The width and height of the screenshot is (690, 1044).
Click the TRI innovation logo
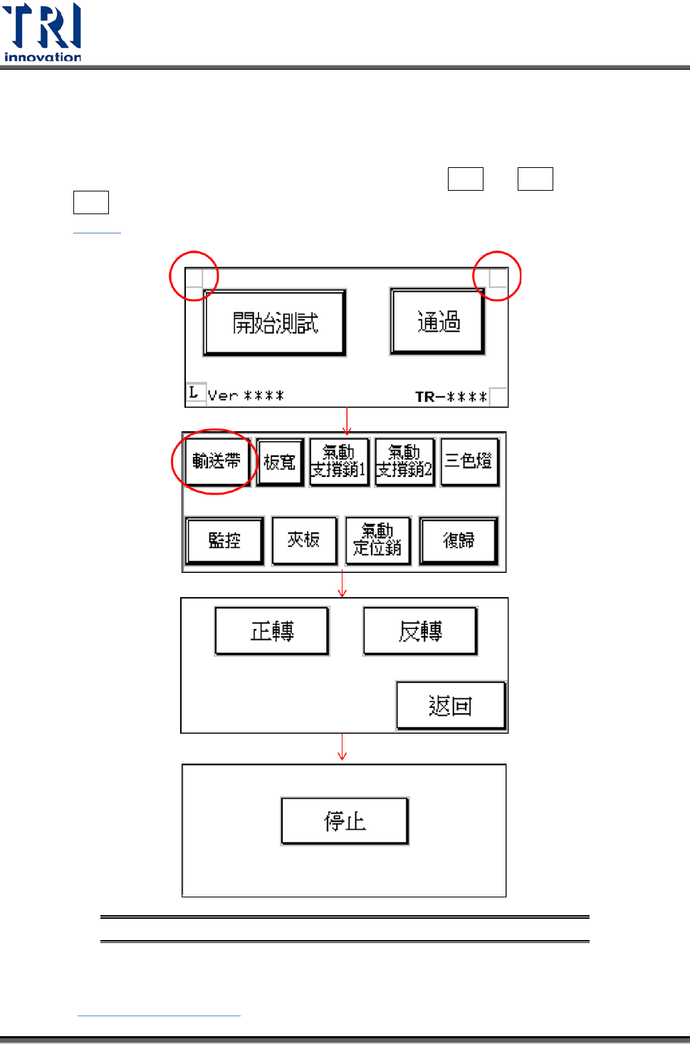43,33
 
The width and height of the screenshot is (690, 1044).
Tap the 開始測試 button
275,323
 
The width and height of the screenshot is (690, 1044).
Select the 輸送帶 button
216,461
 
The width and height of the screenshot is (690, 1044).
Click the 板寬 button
280,462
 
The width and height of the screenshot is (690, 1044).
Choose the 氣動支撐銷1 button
339,462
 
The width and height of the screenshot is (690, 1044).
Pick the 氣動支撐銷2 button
404,462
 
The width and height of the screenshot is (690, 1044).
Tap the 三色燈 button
469,461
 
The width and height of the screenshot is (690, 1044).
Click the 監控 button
224,540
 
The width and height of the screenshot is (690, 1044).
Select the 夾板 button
304,540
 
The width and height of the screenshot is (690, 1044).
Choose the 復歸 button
459,540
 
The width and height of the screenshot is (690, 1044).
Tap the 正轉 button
272,631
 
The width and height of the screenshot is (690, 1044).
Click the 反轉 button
420,631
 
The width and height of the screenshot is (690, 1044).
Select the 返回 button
450,705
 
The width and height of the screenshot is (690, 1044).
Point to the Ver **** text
246,396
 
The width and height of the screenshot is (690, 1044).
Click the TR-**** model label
451,396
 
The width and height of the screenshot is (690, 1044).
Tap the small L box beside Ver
194,392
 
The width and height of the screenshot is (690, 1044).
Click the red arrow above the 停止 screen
343,747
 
